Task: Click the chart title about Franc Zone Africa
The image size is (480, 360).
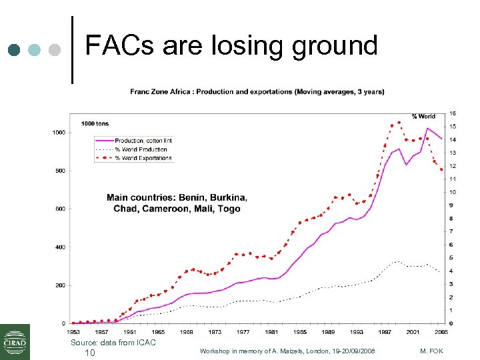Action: (x=257, y=91)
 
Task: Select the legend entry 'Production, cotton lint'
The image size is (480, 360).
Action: (x=143, y=141)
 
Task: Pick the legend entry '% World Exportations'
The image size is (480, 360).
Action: (x=143, y=158)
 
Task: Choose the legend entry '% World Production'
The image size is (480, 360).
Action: (x=141, y=149)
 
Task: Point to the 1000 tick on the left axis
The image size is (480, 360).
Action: (x=59, y=133)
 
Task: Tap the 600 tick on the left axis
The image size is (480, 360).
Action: (x=60, y=209)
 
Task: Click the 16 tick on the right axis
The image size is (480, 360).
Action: (x=453, y=113)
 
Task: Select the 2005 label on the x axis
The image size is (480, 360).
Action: (x=442, y=331)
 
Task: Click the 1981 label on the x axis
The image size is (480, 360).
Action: (x=271, y=331)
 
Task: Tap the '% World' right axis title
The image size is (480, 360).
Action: (x=423, y=117)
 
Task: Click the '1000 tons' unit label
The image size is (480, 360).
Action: (x=96, y=123)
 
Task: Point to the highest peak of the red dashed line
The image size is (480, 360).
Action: (x=399, y=123)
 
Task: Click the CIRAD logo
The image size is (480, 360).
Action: (x=15, y=341)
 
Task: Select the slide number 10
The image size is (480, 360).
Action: (x=89, y=352)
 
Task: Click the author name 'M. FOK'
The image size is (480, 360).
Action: (x=433, y=351)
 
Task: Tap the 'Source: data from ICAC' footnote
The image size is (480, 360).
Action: (x=113, y=342)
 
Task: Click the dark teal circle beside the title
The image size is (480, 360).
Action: (x=15, y=49)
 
